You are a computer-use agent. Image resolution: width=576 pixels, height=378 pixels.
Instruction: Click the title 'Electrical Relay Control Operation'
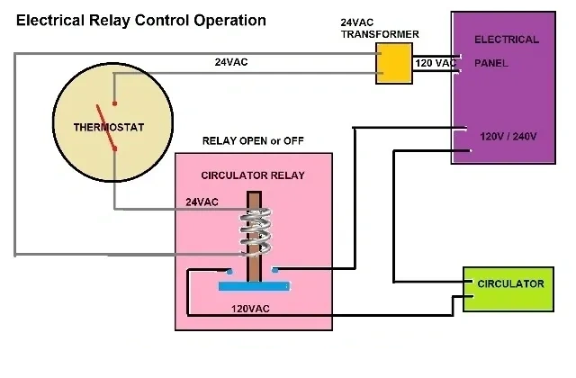click(141, 20)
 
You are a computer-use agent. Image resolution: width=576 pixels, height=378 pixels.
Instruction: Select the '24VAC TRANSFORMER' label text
click(380, 28)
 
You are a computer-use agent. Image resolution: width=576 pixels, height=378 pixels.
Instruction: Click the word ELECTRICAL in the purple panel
click(506, 40)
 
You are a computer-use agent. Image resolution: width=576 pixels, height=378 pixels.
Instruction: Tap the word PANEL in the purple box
click(491, 63)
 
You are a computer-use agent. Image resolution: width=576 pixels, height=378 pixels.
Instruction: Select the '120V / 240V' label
click(508, 136)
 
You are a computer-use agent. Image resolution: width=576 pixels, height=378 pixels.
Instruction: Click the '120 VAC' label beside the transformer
click(436, 63)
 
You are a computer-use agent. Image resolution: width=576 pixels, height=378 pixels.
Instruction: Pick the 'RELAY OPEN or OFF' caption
click(252, 140)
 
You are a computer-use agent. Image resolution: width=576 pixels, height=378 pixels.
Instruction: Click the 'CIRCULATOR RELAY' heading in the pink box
click(252, 175)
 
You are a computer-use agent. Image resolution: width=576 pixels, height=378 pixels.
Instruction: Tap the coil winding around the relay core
click(255, 231)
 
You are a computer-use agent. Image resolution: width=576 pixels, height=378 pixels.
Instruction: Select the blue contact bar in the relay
click(255, 287)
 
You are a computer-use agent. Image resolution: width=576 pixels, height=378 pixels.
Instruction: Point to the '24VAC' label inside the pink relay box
click(202, 202)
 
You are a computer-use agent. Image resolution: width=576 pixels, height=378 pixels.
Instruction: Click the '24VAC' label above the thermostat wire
click(231, 62)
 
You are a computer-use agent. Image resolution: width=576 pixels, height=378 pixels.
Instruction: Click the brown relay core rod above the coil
click(255, 202)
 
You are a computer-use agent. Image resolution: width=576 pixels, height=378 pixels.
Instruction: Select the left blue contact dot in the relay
click(231, 271)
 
